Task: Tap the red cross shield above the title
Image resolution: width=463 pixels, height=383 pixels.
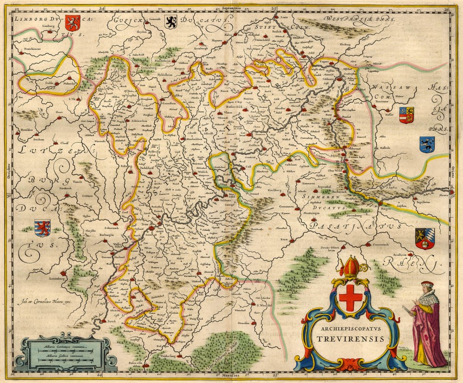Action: click(x=350, y=296)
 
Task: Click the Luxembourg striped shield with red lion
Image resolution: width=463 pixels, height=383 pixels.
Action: click(x=42, y=227)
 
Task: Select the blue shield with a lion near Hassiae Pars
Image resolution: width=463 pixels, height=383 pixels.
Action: click(x=427, y=144)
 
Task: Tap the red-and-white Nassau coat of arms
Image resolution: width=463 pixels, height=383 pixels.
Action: click(x=406, y=114)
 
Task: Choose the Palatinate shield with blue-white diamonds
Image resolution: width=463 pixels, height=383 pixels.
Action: click(x=425, y=239)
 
